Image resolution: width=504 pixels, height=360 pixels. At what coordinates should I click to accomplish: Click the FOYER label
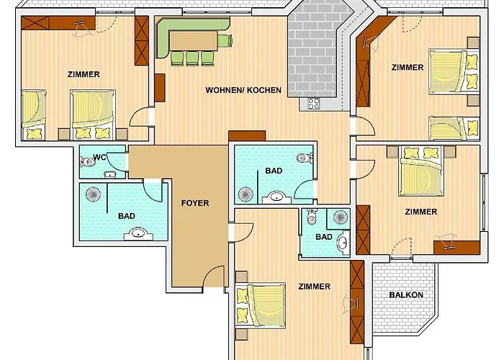click(x=195, y=203)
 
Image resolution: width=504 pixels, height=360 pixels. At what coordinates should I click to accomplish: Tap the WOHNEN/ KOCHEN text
click(x=243, y=90)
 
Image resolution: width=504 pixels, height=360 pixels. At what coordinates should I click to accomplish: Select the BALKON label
click(x=406, y=294)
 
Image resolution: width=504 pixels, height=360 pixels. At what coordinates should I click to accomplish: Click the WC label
click(x=99, y=158)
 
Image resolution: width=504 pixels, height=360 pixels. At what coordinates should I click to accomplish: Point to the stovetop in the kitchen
click(x=314, y=104)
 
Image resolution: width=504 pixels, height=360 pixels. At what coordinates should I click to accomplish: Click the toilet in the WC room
click(x=87, y=162)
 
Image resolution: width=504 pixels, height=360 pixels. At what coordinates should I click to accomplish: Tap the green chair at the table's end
click(x=225, y=41)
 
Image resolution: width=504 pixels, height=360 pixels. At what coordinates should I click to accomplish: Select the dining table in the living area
click(x=194, y=41)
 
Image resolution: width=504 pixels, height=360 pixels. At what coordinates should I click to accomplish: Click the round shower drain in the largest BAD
click(x=93, y=194)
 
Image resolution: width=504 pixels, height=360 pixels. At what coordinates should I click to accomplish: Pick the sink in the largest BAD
click(x=138, y=234)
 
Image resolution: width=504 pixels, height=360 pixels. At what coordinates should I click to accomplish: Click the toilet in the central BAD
click(x=304, y=158)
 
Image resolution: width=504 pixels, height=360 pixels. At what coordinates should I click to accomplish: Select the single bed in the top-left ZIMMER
click(x=33, y=114)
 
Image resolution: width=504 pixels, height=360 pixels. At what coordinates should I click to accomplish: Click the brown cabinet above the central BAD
click(x=247, y=135)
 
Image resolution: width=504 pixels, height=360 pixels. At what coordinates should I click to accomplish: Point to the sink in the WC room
click(x=110, y=175)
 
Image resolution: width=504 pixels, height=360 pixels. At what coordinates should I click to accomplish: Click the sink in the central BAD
click(x=276, y=197)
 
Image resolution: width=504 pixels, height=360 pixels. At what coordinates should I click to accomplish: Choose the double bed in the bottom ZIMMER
click(x=261, y=305)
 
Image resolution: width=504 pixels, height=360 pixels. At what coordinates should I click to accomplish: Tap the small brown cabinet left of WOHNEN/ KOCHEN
click(x=160, y=88)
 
